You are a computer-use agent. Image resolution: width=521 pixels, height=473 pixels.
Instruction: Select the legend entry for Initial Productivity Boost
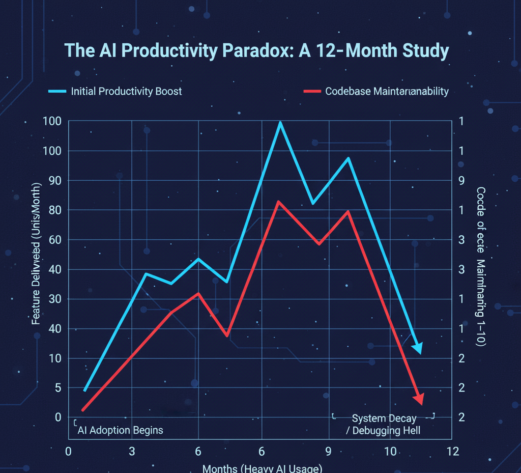coord(115,92)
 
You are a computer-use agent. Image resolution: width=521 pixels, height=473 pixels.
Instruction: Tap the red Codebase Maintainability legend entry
coord(376,92)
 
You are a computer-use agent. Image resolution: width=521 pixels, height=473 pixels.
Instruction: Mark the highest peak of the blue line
coord(279,123)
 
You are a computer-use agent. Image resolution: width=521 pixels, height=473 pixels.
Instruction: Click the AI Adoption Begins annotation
coord(120,430)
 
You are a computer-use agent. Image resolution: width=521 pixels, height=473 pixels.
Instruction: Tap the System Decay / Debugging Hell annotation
coord(384,425)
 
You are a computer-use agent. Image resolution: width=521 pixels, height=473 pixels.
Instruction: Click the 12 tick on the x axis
coord(452,451)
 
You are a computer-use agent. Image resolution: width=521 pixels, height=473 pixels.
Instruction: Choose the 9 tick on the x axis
coord(328,451)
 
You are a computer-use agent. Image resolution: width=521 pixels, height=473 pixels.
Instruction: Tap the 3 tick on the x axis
coord(132,451)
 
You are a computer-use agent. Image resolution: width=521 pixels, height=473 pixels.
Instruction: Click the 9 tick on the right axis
coord(461,181)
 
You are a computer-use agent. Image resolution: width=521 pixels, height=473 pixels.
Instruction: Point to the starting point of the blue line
coord(85,391)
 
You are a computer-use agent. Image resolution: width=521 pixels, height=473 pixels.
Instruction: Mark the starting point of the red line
coord(82,410)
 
